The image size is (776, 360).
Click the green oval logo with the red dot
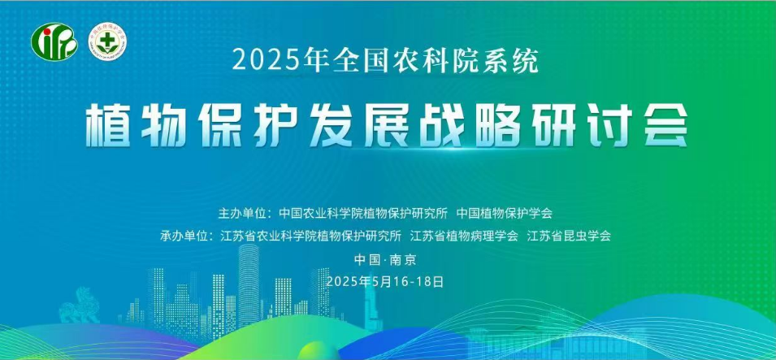tap(54, 42)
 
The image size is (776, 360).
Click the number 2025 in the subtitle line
tap(258, 62)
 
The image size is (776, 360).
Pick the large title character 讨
tap(609, 125)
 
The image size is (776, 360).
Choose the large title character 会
tap(665, 125)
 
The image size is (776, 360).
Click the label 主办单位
tap(239, 214)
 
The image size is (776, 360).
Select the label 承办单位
tap(181, 236)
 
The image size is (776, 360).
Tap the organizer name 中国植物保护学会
tap(505, 214)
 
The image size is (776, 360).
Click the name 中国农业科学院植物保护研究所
tap(363, 214)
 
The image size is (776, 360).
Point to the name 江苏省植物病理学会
tap(464, 236)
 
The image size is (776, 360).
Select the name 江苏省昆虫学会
tap(569, 236)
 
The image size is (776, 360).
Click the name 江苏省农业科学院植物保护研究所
tap(310, 236)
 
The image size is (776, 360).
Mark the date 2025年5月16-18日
tap(385, 282)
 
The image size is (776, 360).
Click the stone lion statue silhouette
tap(79, 306)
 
